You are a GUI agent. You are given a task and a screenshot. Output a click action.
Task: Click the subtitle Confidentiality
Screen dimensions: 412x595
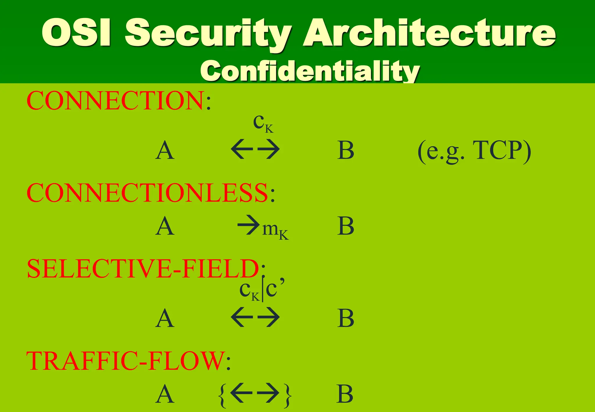pyautogui.click(x=310, y=71)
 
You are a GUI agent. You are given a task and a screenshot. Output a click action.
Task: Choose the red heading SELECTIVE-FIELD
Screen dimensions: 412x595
pyautogui.click(x=143, y=268)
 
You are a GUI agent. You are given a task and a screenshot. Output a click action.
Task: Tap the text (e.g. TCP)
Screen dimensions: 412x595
pyautogui.click(x=474, y=151)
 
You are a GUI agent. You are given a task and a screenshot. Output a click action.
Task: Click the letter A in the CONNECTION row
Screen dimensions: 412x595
pyautogui.click(x=165, y=151)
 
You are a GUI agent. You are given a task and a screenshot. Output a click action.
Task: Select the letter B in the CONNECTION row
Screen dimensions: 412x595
pyautogui.click(x=345, y=151)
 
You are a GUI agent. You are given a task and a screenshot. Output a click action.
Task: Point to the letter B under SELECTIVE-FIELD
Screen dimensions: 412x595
pyautogui.click(x=345, y=318)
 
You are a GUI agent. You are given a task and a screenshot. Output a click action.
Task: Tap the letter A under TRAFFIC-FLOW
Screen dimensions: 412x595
pyautogui.click(x=165, y=394)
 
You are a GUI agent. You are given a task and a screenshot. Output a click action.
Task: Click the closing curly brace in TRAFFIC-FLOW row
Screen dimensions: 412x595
pyautogui.click(x=288, y=395)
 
